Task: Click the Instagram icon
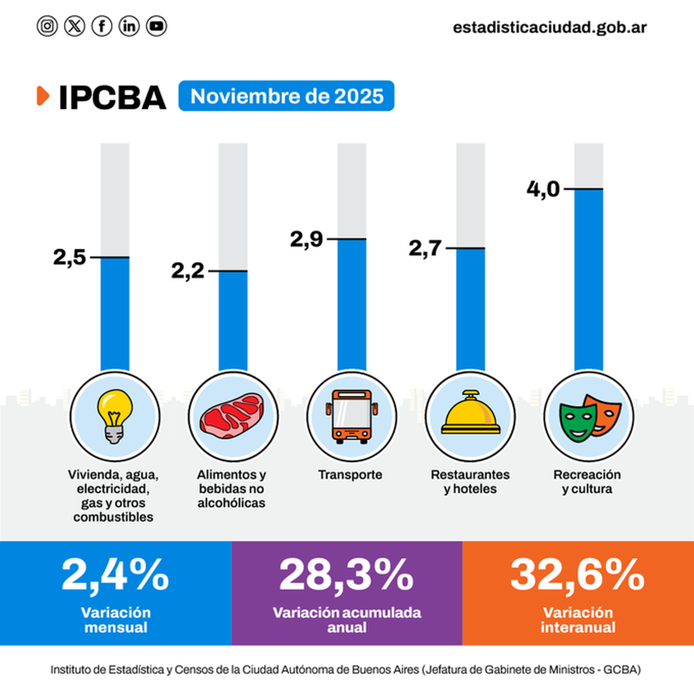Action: click(x=47, y=26)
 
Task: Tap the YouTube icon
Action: click(x=156, y=26)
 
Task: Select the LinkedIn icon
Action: click(x=129, y=26)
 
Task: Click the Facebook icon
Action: click(x=102, y=26)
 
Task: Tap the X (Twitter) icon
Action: click(x=75, y=26)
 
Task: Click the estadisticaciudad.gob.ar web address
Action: click(x=549, y=27)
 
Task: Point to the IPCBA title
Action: click(x=112, y=97)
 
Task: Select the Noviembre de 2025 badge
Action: click(x=287, y=96)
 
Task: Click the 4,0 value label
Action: click(x=543, y=189)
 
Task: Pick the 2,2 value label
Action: click(x=188, y=271)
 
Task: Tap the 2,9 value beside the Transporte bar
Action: click(x=307, y=239)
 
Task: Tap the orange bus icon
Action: click(x=351, y=416)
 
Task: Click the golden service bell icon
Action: click(x=470, y=414)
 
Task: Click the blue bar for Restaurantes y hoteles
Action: click(x=470, y=309)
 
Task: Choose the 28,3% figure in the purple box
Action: click(x=346, y=575)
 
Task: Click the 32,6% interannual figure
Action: click(x=577, y=575)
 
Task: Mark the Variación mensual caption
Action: click(x=116, y=620)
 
